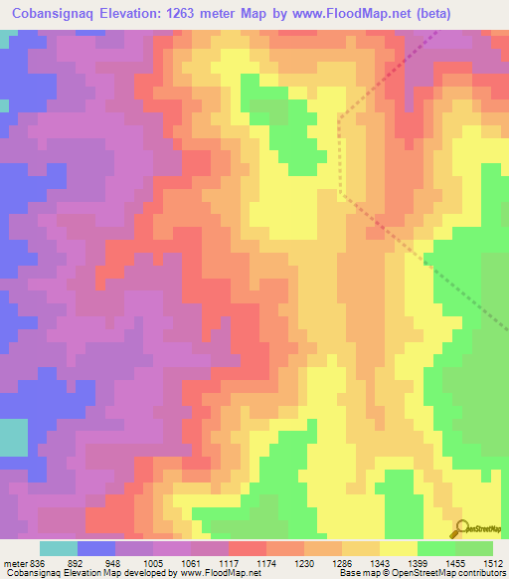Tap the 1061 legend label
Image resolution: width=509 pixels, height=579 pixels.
209,561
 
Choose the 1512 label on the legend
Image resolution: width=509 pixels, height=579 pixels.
492,561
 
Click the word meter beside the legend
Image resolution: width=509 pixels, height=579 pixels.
16,561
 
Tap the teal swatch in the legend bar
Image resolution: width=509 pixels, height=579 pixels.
58,548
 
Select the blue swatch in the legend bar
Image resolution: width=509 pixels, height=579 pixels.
95,548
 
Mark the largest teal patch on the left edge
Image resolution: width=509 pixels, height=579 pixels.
13,439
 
